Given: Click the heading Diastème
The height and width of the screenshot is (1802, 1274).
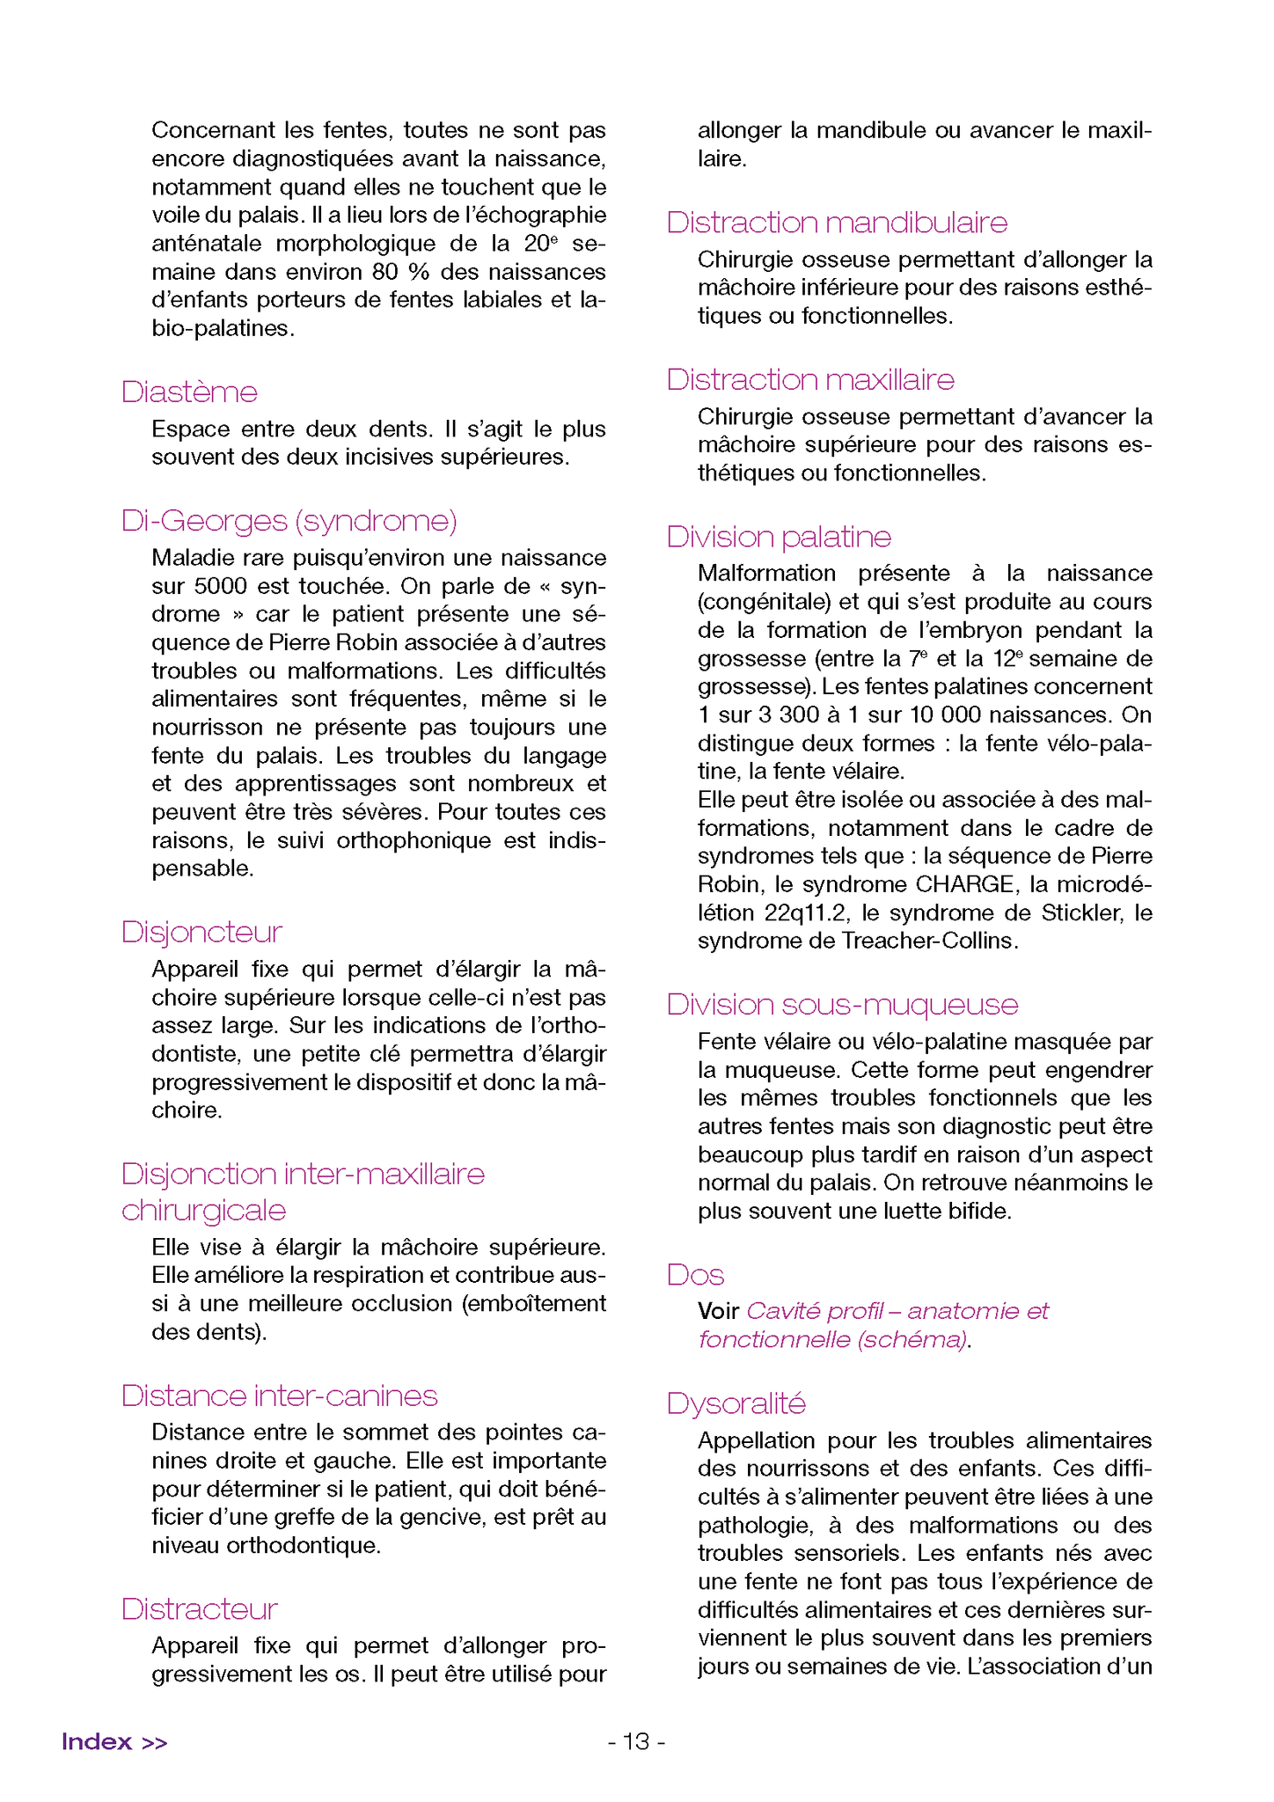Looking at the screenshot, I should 189,392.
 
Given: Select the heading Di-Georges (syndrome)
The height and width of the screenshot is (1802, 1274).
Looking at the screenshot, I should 289,521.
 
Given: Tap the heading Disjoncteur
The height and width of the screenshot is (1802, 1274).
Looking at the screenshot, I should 201,933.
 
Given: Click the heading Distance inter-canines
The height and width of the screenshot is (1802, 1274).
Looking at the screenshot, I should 279,1396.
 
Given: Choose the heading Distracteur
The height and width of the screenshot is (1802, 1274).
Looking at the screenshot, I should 199,1609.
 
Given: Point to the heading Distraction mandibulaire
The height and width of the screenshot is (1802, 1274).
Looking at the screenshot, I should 837,223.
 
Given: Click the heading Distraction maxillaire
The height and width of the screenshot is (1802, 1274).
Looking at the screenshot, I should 810,380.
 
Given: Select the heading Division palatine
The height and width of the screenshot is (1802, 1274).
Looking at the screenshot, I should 779,537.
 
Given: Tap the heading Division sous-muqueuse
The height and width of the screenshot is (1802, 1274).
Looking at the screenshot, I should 842,1005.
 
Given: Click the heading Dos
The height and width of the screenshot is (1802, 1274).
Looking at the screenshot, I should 695,1276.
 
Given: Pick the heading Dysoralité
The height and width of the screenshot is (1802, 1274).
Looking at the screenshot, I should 736,1403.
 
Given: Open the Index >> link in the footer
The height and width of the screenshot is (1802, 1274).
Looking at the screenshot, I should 114,1742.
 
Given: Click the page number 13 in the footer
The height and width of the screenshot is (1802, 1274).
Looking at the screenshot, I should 636,1742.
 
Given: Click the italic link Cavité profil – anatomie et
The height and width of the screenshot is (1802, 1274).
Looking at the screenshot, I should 897,1312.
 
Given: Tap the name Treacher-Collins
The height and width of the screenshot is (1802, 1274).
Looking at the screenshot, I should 929,941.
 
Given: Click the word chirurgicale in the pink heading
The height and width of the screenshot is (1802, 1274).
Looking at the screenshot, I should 203,1211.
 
